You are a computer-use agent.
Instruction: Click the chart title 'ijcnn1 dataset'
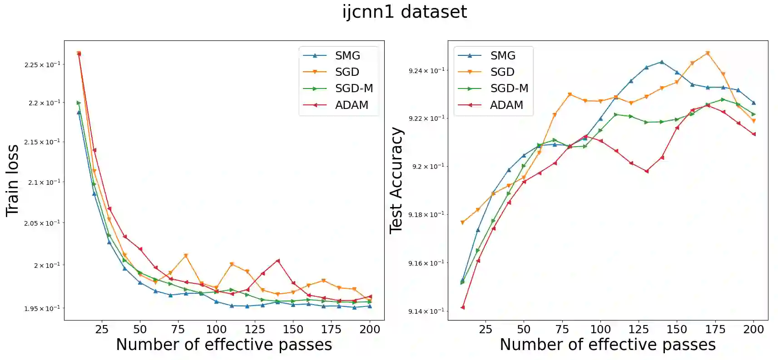click(x=404, y=12)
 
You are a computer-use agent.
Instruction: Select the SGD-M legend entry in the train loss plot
click(x=353, y=89)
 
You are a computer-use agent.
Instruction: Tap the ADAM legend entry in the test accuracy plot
click(x=506, y=105)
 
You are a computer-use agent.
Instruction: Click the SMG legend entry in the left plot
click(x=347, y=55)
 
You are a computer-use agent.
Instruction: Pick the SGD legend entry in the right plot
click(x=502, y=72)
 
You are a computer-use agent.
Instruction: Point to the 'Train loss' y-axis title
click(x=12, y=180)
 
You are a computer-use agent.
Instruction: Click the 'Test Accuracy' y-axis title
click(x=396, y=180)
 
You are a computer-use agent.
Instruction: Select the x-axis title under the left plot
click(x=224, y=345)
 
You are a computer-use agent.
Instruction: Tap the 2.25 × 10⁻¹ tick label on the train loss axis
click(x=42, y=65)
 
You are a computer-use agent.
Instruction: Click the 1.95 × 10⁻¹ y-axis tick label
click(x=42, y=309)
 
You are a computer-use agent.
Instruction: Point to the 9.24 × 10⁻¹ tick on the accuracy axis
click(x=426, y=70)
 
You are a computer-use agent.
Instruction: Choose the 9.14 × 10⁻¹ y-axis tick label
click(x=426, y=311)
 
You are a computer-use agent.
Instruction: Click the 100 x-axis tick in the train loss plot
click(x=216, y=329)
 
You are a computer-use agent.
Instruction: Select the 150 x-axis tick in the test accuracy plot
click(x=677, y=329)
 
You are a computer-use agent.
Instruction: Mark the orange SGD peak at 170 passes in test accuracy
click(x=708, y=53)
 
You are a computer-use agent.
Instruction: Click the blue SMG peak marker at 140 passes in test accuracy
click(x=662, y=62)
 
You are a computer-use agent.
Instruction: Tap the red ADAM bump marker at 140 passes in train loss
click(x=278, y=261)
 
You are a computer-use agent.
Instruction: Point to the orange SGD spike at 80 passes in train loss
click(x=186, y=256)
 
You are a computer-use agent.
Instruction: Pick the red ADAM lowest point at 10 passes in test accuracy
click(x=462, y=307)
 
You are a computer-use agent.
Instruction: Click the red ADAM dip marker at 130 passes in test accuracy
click(x=646, y=171)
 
